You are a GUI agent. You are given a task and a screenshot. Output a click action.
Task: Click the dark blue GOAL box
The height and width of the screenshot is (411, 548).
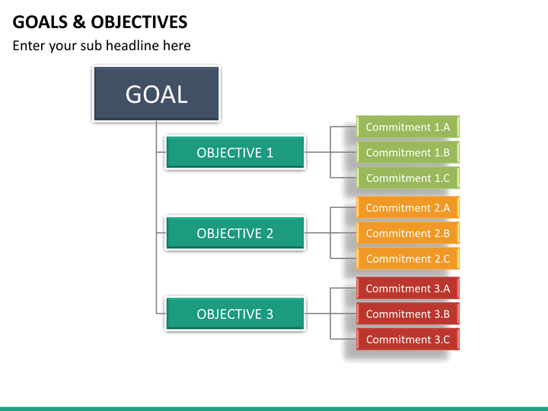(156, 94)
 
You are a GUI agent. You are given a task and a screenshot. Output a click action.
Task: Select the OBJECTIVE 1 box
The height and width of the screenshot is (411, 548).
(235, 152)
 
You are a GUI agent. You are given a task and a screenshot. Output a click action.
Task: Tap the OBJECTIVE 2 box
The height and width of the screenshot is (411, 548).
(235, 233)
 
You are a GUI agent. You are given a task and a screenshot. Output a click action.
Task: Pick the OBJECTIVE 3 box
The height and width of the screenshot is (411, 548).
(235, 314)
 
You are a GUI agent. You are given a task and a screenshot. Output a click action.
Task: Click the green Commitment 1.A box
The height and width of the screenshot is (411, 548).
(408, 127)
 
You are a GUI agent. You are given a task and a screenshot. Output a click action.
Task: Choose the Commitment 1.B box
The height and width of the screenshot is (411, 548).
(408, 152)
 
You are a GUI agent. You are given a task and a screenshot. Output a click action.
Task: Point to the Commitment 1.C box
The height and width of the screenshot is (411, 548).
(408, 178)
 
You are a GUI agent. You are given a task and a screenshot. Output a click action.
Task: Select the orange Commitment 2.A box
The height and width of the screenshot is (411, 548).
(408, 208)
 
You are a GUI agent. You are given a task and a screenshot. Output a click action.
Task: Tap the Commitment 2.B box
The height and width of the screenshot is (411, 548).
(408, 233)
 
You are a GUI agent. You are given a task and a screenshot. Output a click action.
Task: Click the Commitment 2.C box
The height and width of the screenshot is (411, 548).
(408, 259)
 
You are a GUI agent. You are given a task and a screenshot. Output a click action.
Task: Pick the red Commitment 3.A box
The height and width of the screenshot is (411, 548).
(408, 288)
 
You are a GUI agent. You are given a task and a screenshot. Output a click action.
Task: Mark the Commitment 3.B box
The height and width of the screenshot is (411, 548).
(408, 314)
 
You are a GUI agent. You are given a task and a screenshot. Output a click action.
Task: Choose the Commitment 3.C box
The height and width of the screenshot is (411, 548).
(408, 339)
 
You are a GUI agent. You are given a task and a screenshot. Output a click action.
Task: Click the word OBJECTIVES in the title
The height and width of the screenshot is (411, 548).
(139, 22)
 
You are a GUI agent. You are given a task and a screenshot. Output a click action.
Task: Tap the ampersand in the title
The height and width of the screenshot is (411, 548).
(79, 22)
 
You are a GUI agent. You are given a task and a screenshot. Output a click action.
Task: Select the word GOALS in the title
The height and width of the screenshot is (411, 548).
(40, 22)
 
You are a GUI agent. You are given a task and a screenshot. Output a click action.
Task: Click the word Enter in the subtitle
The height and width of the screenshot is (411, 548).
(29, 46)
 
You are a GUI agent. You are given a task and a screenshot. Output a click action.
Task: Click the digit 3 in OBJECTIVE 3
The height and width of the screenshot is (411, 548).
(269, 314)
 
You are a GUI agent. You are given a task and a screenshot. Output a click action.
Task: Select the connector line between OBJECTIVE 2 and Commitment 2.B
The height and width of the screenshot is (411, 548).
(330, 233)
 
